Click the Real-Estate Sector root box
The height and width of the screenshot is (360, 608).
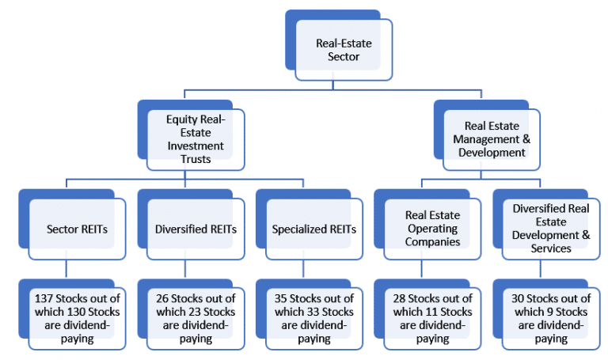click(x=338, y=49)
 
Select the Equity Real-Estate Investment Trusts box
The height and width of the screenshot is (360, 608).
click(x=196, y=139)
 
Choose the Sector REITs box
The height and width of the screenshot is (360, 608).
click(x=77, y=229)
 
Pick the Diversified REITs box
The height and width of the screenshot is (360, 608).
click(x=196, y=229)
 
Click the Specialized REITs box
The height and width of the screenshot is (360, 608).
click(x=314, y=229)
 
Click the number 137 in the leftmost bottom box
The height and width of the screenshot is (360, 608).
click(x=44, y=298)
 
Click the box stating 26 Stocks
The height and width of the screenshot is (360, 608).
click(x=196, y=318)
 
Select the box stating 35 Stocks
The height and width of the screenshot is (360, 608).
click(x=314, y=318)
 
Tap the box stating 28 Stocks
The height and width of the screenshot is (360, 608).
click(x=433, y=318)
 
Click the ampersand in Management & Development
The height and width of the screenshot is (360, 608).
click(x=527, y=139)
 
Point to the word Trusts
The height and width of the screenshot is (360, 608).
click(x=196, y=158)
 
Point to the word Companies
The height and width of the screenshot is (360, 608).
click(x=432, y=241)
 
